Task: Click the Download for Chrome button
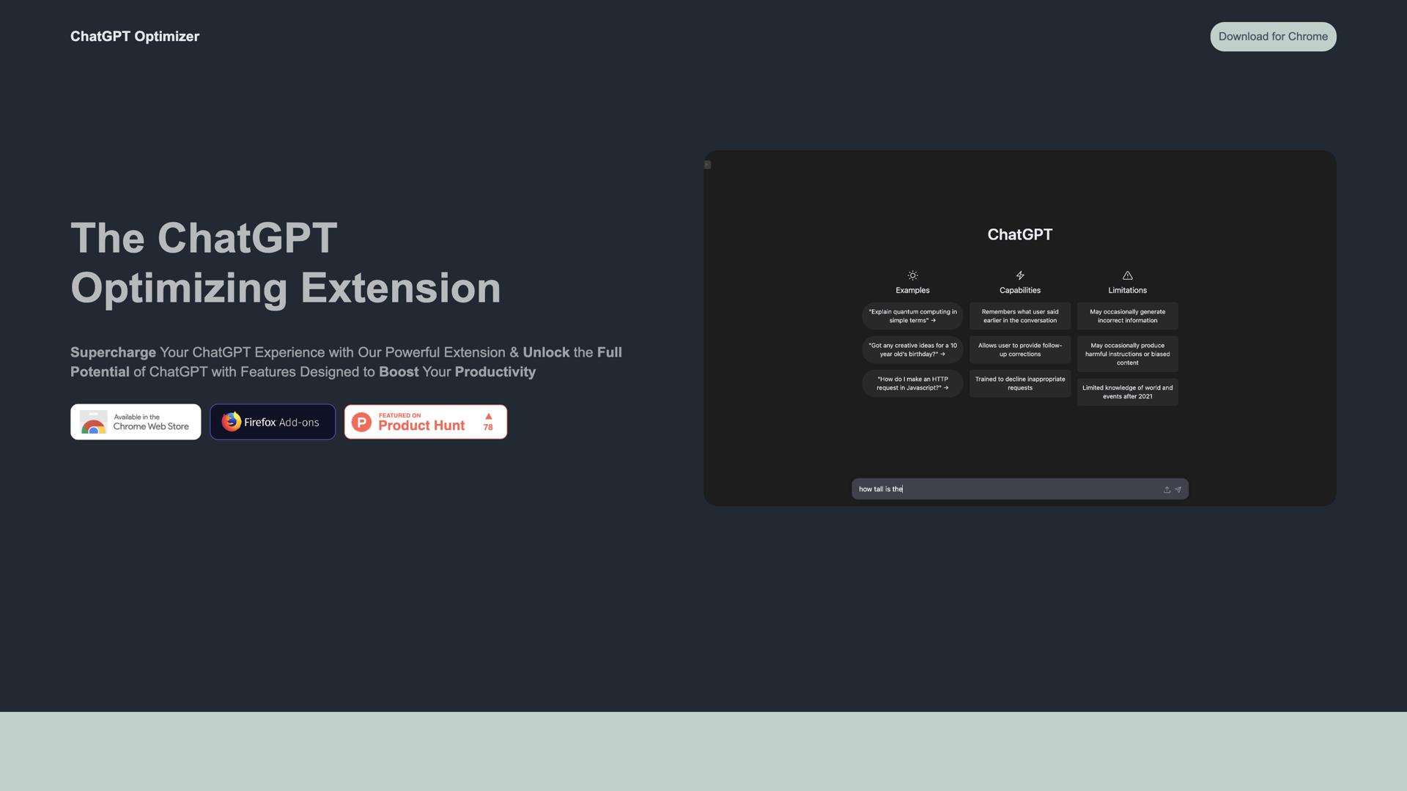pos(1273,37)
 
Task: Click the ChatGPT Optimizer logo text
pos(135,37)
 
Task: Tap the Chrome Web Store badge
pos(136,422)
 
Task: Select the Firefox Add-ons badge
pos(273,422)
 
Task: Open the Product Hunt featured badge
pos(421,422)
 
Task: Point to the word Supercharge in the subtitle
pos(113,352)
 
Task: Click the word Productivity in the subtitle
pos(495,372)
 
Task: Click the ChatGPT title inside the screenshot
pos(1019,234)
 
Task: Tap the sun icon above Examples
pos(912,275)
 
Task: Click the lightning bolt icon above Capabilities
pos(1020,275)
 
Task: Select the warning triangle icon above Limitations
pos(1127,275)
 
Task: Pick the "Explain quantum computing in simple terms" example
pos(912,316)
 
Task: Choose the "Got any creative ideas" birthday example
pos(912,350)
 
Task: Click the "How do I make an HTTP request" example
pos(912,384)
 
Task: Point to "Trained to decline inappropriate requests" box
pos(1020,384)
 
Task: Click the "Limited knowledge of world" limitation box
pos(1127,393)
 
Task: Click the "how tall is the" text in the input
pos(881,489)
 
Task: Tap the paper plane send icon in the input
pos(1178,490)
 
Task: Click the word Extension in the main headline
pos(401,288)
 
